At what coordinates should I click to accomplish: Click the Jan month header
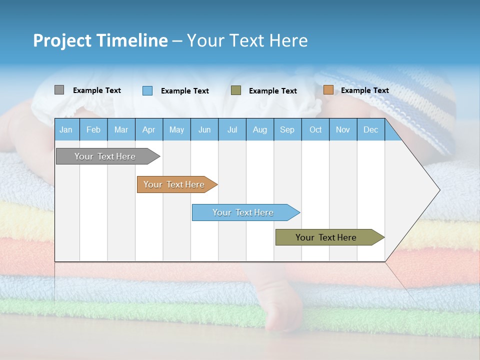66,130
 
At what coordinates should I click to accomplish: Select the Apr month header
148,130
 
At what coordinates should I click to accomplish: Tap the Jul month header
232,130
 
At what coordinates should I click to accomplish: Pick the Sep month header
287,130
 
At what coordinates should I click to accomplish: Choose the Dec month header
370,130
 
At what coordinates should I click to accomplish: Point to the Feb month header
93,130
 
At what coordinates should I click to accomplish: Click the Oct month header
315,130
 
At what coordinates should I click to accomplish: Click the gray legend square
59,90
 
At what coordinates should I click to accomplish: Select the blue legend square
147,90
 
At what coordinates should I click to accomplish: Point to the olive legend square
236,90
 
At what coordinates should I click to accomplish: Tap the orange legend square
328,90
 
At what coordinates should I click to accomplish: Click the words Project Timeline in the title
100,40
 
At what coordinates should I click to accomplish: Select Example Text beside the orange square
364,90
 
